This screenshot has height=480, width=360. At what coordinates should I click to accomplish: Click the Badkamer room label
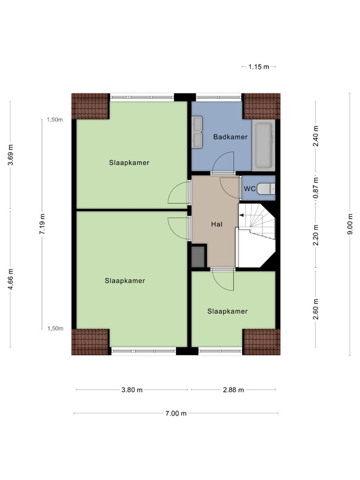point(230,137)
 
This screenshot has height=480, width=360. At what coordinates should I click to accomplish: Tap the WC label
point(249,188)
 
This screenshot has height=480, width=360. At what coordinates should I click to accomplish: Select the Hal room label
point(215,223)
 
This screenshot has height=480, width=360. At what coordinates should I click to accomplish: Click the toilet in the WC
point(266,188)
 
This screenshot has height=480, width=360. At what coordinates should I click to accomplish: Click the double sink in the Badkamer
point(197,132)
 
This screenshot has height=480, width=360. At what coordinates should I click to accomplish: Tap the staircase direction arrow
point(242,215)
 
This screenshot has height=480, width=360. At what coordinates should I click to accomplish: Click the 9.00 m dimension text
point(350,224)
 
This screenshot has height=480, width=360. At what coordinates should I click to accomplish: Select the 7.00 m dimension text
point(176,413)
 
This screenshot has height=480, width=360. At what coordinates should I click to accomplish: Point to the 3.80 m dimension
point(132,390)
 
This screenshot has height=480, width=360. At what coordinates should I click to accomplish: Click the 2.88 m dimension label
point(233,390)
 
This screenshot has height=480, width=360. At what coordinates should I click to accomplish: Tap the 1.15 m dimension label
point(259,67)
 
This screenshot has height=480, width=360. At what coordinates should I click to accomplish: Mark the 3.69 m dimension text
point(11,155)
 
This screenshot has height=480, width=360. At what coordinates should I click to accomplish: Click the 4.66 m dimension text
point(11,279)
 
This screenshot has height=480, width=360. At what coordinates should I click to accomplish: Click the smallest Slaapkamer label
point(228,311)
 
